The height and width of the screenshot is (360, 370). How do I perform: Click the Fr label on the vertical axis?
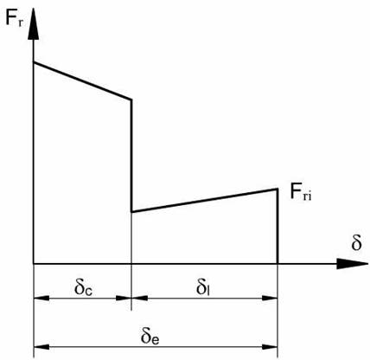(x=14, y=19)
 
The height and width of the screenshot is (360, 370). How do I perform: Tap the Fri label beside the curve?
(x=301, y=192)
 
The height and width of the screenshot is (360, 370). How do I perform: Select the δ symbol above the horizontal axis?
(x=356, y=242)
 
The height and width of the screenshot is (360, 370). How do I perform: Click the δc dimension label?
(x=83, y=287)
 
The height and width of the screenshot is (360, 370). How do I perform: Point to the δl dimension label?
(x=203, y=287)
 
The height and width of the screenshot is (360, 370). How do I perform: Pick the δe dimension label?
(x=150, y=336)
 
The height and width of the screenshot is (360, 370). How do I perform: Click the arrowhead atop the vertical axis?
(x=34, y=23)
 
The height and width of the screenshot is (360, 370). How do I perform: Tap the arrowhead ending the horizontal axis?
(x=352, y=264)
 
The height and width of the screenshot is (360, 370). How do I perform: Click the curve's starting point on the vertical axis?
(x=34, y=62)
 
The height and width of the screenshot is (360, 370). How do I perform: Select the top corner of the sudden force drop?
(x=131, y=100)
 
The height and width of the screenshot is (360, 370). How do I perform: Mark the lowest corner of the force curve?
(x=131, y=212)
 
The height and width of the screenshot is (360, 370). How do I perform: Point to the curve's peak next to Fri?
(x=277, y=189)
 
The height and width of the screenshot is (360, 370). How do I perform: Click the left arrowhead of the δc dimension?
(x=41, y=298)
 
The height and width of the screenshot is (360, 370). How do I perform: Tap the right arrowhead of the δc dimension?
(x=124, y=298)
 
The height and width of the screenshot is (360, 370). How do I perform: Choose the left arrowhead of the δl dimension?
(x=139, y=298)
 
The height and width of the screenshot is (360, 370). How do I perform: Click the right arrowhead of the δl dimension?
(x=270, y=298)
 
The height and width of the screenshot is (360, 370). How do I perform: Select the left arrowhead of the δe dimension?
(x=41, y=346)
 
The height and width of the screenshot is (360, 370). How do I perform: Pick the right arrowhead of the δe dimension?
(x=270, y=346)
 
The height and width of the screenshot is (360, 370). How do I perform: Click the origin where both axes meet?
(x=34, y=263)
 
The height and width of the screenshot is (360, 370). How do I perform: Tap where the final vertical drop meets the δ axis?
(x=277, y=263)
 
